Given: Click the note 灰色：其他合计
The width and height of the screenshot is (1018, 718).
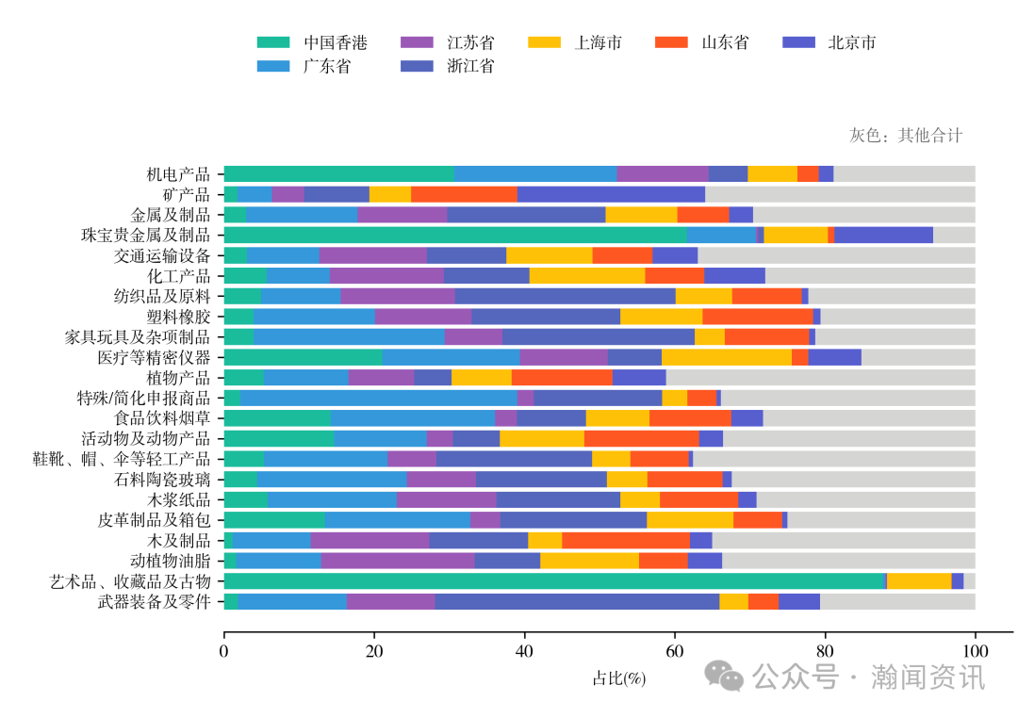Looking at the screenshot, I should tap(906, 135).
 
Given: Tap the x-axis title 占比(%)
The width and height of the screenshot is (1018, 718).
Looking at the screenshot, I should tap(618, 678).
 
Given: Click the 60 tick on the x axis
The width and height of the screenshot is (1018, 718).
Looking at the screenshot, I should tap(675, 651).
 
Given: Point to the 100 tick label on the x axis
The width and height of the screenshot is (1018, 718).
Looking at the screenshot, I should tap(975, 651).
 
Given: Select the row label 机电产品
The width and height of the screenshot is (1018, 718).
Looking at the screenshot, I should tap(178, 174).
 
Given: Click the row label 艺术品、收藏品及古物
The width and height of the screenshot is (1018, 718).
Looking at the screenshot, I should tap(129, 581).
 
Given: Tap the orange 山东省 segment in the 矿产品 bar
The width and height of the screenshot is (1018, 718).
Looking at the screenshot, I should tap(464, 194).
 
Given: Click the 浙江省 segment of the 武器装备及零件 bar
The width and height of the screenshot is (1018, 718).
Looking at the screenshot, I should tap(577, 601).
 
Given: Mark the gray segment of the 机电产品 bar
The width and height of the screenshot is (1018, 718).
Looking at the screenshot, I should tap(904, 173).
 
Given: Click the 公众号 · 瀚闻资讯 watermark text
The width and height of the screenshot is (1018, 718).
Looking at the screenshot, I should tap(867, 676).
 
